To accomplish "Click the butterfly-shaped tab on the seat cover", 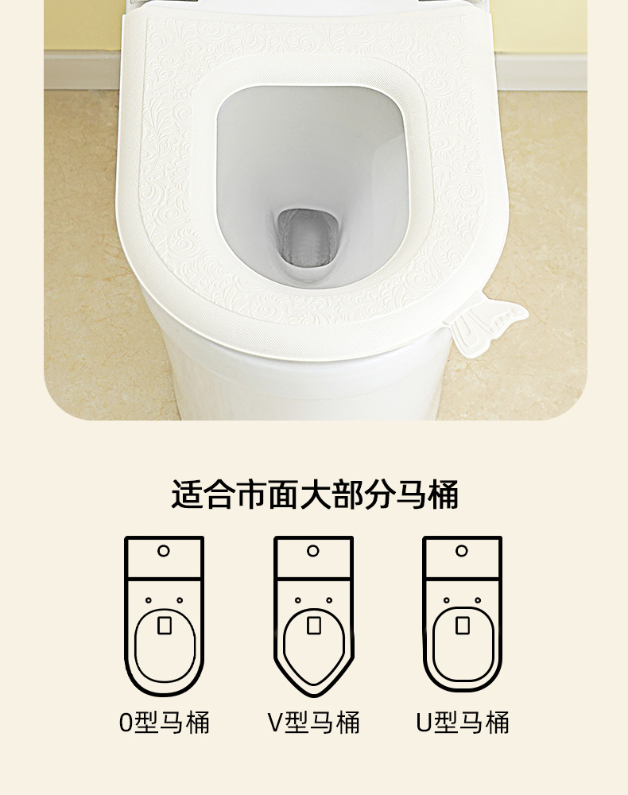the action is [x=486, y=322].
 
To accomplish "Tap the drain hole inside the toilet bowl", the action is [x=307, y=238].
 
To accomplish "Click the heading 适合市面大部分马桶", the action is [x=314, y=494].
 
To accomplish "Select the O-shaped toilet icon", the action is [x=165, y=616].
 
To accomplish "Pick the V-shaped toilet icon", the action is [x=314, y=616].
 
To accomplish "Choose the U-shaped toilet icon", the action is [x=463, y=616].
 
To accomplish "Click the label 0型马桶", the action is [x=165, y=723].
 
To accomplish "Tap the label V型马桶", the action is [x=314, y=723].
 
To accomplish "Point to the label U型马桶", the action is [x=463, y=723].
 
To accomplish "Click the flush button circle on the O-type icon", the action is [x=163, y=551].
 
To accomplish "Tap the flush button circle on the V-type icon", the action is [x=312, y=551].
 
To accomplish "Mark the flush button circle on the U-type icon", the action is [x=461, y=551].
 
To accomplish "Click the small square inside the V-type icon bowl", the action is [x=314, y=625].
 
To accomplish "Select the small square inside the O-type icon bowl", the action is [x=165, y=625].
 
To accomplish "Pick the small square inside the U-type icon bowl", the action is [x=463, y=625].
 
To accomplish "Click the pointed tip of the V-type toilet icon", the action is [x=314, y=695].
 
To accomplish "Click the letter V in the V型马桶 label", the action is [x=275, y=723].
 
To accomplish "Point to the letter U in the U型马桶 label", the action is [x=424, y=723].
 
